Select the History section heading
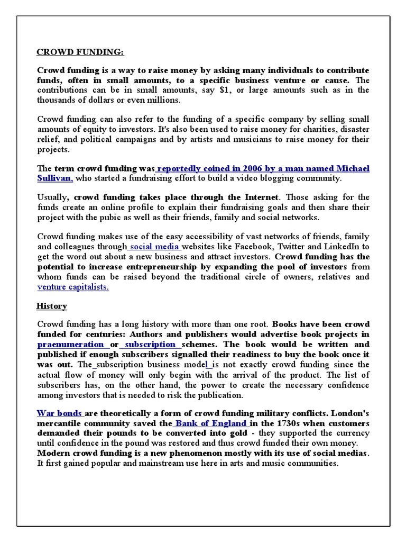(x=51, y=306)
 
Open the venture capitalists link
(x=73, y=287)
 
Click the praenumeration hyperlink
(x=70, y=344)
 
